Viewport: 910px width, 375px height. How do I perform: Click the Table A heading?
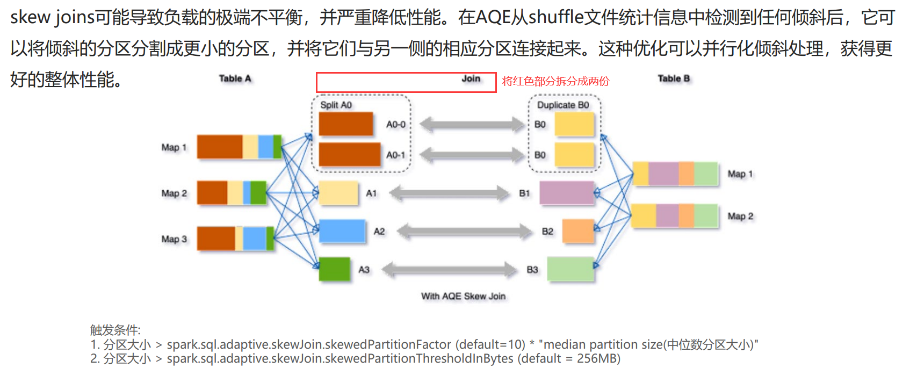235,78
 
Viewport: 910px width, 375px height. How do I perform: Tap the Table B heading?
674,78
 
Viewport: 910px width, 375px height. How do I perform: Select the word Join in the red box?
471,79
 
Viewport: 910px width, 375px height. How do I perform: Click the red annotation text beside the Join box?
555,81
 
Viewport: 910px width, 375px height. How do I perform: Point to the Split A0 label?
336,105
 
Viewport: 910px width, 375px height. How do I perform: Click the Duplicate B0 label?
563,105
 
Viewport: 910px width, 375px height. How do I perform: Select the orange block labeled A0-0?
346,124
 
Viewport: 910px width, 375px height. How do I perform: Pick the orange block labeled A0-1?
350,154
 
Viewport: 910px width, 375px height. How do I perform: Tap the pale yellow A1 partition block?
338,193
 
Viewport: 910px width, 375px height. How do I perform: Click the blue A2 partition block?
342,232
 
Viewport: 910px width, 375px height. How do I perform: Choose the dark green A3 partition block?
334,269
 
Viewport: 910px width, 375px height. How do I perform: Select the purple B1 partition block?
566,193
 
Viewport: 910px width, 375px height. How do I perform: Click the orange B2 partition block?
578,231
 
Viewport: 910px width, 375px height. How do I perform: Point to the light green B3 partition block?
570,269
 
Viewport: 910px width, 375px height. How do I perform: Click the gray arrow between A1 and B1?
449,193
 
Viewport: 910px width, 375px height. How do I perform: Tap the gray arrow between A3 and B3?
449,269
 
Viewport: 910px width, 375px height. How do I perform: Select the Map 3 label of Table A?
174,239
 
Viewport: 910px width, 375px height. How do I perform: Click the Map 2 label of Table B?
740,216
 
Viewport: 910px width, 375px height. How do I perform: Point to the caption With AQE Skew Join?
463,296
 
